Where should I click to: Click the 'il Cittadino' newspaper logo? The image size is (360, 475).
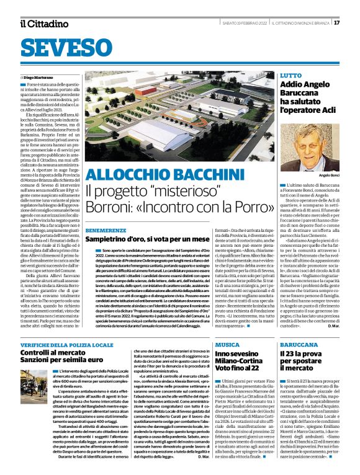43,24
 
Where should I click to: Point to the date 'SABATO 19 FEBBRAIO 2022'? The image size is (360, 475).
245,23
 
